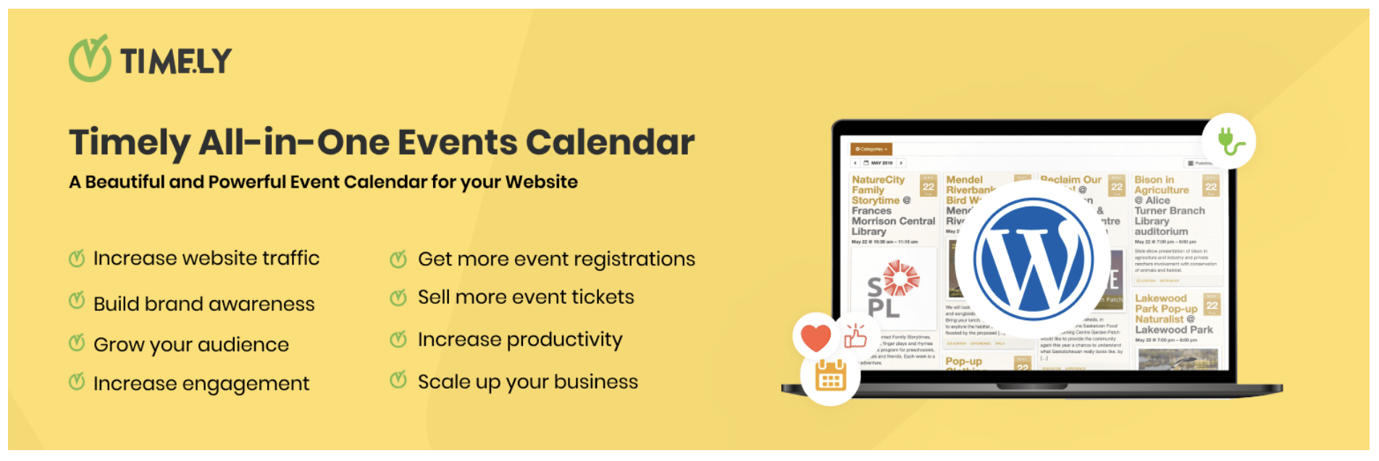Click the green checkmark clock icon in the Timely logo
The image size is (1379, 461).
pyautogui.click(x=90, y=59)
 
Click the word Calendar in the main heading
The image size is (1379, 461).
pyautogui.click(x=610, y=142)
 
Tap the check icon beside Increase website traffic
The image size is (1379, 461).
pyautogui.click(x=77, y=259)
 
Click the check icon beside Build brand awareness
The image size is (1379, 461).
pyautogui.click(x=77, y=302)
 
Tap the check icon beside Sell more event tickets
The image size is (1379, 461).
pyautogui.click(x=398, y=297)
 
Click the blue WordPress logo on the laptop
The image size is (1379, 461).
pyautogui.click(x=1034, y=259)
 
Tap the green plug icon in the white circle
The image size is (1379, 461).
pyautogui.click(x=1229, y=141)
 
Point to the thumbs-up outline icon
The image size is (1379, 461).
pyautogui.click(x=855, y=336)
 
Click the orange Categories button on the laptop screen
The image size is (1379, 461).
pyautogui.click(x=871, y=149)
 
